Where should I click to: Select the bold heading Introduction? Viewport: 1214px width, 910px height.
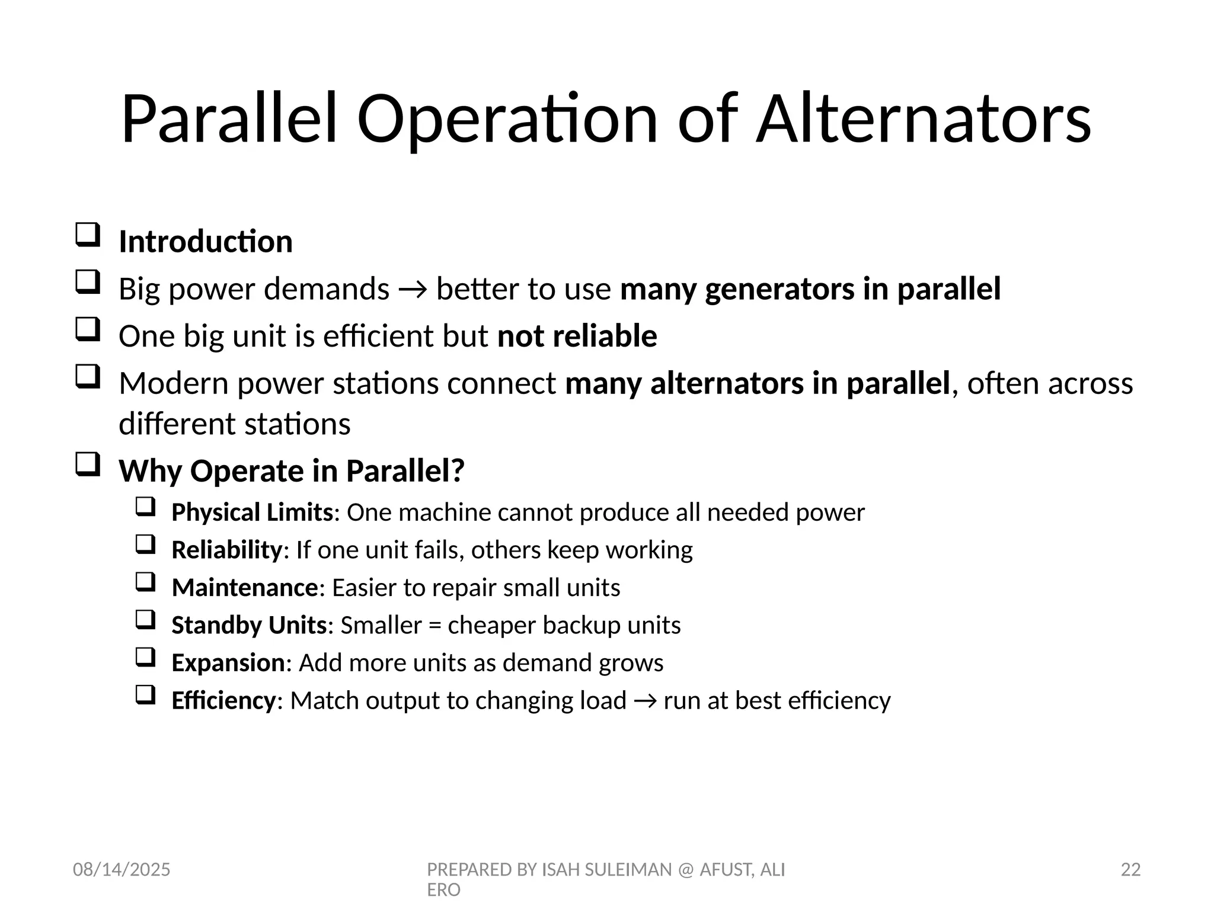(x=206, y=242)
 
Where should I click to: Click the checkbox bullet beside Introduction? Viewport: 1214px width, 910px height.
(x=88, y=235)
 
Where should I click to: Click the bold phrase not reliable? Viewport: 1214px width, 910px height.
(x=577, y=336)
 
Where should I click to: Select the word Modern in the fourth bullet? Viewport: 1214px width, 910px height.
(x=174, y=383)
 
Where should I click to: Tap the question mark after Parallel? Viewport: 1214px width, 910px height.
(x=458, y=471)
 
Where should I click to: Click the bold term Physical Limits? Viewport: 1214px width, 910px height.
(x=252, y=512)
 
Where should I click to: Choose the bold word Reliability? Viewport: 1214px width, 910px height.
(x=226, y=550)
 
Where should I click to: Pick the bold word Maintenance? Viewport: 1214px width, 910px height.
(x=245, y=588)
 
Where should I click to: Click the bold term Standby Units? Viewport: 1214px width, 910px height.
(x=249, y=625)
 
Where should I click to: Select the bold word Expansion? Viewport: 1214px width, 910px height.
(x=228, y=663)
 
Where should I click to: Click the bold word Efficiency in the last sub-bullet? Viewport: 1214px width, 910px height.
(x=223, y=700)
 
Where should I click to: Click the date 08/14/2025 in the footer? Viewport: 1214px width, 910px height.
(x=122, y=870)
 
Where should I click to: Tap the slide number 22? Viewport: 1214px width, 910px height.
(x=1130, y=870)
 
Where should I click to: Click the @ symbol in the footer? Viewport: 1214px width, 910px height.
(x=685, y=870)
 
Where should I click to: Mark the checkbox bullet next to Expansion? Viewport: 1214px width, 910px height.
(x=145, y=657)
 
